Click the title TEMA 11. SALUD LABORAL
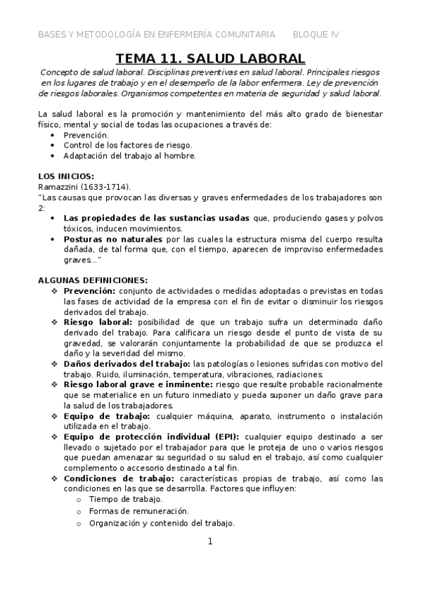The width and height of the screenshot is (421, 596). (210, 58)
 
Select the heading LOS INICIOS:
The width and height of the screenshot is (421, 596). (65, 175)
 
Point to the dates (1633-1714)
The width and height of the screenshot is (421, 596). (110, 186)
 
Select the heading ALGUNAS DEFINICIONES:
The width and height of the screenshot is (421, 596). (92, 280)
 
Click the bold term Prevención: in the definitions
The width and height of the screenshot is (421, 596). (89, 290)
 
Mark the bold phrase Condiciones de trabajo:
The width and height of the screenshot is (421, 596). (118, 479)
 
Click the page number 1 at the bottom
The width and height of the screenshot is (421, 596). (209, 541)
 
